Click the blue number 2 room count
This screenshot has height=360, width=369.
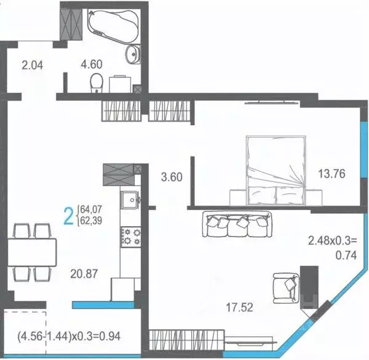tap(69, 216)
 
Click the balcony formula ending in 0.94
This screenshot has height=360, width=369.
tap(74, 337)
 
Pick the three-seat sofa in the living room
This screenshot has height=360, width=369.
tap(236, 224)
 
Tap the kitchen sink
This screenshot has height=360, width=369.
tap(130, 201)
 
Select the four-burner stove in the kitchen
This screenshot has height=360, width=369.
tap(130, 236)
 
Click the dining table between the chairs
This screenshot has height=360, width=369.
tap(31, 251)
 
